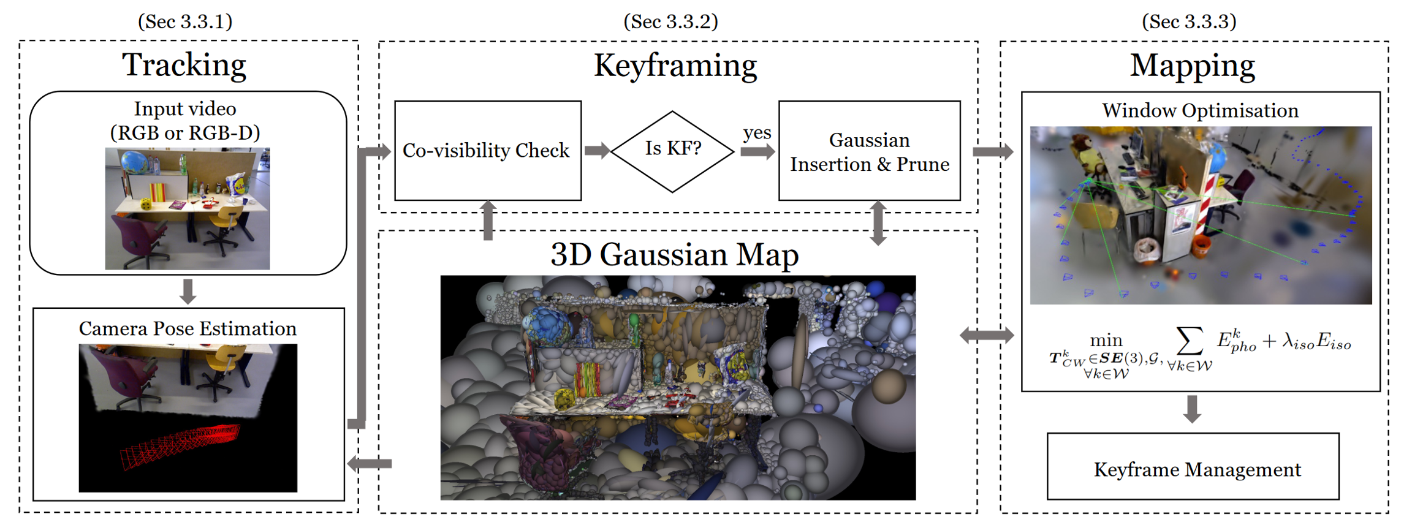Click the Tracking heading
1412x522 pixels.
pyautogui.click(x=184, y=65)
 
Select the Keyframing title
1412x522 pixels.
pyautogui.click(x=675, y=66)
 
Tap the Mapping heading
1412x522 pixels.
pyautogui.click(x=1192, y=66)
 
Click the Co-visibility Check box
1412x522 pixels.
pyautogui.click(x=487, y=151)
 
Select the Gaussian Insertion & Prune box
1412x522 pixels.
pyautogui.click(x=869, y=151)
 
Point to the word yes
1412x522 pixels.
pyautogui.click(x=757, y=133)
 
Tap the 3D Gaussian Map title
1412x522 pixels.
pyautogui.click(x=675, y=254)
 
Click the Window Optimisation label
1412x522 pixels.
pyautogui.click(x=1200, y=110)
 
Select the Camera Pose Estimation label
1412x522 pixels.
pyautogui.click(x=188, y=329)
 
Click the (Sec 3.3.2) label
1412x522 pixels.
pyautogui.click(x=670, y=21)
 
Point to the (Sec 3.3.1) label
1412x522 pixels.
pyautogui.click(x=185, y=21)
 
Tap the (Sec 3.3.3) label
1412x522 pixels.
pyautogui.click(x=1189, y=21)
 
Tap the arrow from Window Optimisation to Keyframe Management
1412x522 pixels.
pyautogui.click(x=1192, y=409)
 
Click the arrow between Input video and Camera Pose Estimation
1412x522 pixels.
pyautogui.click(x=188, y=291)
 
